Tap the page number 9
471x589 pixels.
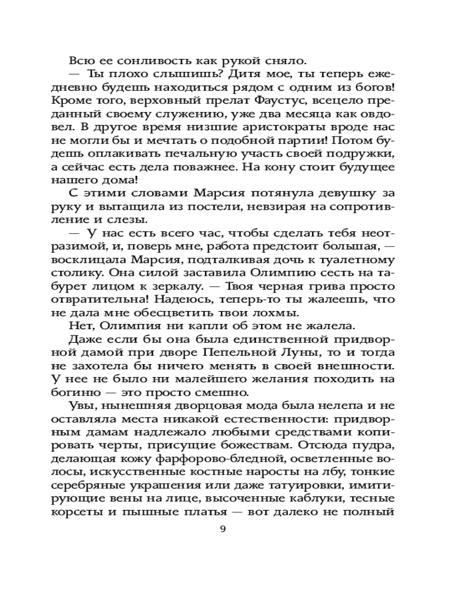click(223, 528)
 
